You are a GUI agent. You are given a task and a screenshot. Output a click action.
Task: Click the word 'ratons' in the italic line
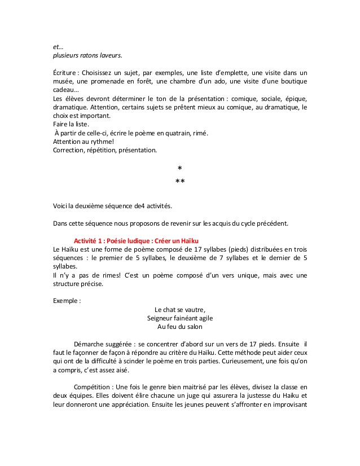tap(90, 55)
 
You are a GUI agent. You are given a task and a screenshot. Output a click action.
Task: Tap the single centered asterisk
tap(179, 169)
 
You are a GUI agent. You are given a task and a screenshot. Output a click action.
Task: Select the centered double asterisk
tap(180, 182)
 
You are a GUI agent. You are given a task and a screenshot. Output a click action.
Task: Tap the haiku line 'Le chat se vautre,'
tap(179, 309)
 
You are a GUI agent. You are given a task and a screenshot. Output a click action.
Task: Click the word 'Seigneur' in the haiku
tap(161, 318)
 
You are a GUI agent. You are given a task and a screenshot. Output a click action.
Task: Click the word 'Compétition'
tap(93, 387)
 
